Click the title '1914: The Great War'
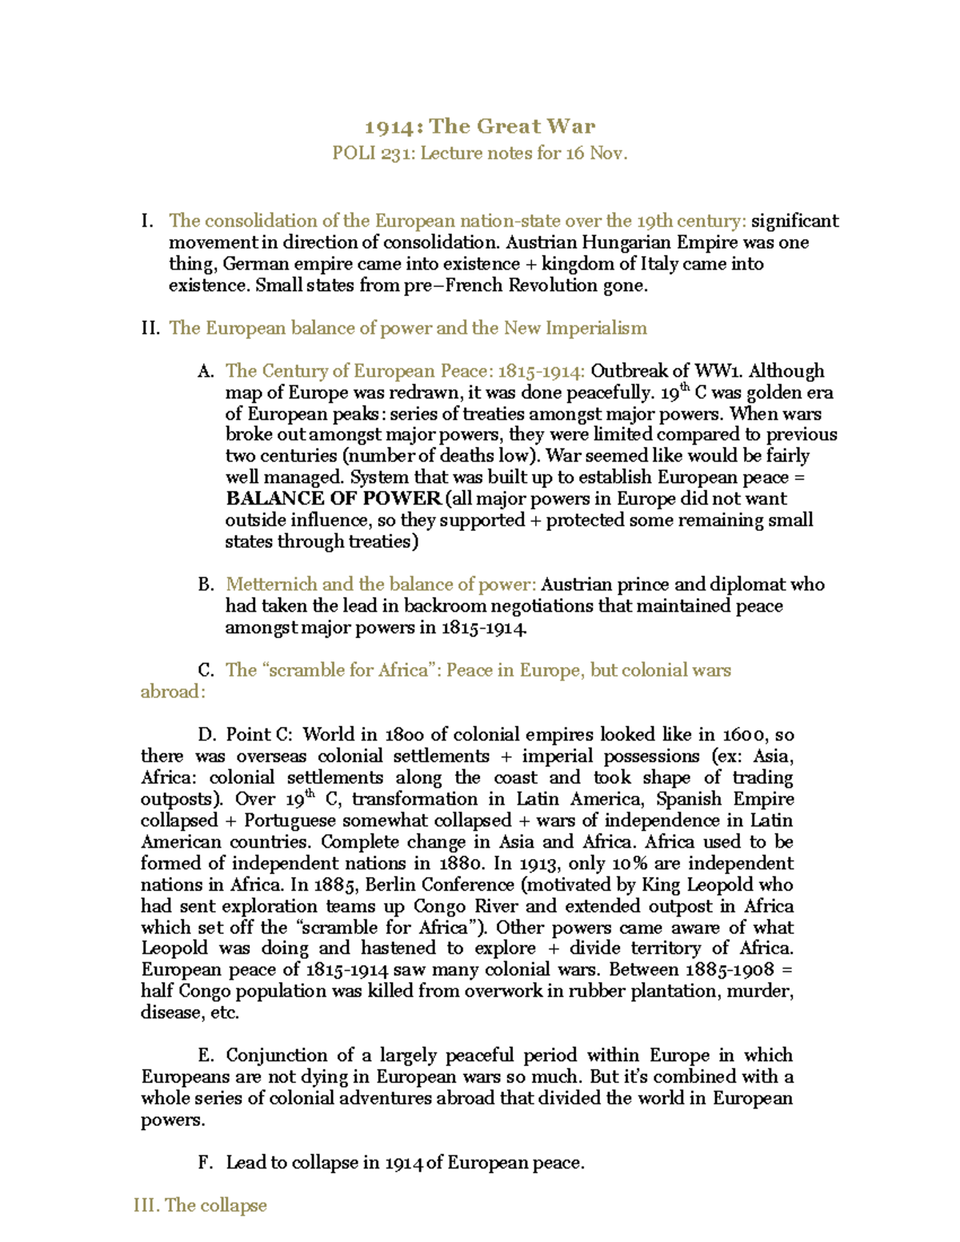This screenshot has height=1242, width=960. pos(480,126)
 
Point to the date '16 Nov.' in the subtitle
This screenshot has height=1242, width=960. pos(596,153)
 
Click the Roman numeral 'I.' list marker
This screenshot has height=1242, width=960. pos(146,221)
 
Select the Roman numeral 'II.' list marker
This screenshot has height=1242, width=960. pos(150,328)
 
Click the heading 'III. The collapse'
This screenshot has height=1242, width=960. pos(200,1205)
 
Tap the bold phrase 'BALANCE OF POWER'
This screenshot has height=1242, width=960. pos(334,499)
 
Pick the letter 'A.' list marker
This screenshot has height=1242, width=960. pos(206,371)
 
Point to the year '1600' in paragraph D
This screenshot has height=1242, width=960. pos(746,735)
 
